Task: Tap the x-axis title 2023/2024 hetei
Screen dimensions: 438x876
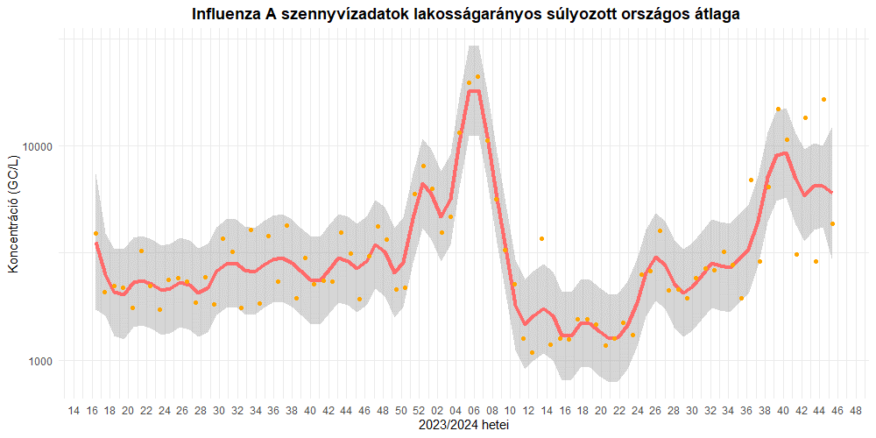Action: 464,426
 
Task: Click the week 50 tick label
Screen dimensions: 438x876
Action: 401,411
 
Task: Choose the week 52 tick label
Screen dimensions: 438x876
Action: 420,411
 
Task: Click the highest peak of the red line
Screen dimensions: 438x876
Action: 474,90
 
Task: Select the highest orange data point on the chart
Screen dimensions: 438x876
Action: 477,77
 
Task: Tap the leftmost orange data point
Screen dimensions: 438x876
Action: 95,233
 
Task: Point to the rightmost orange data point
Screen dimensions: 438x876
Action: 832,224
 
